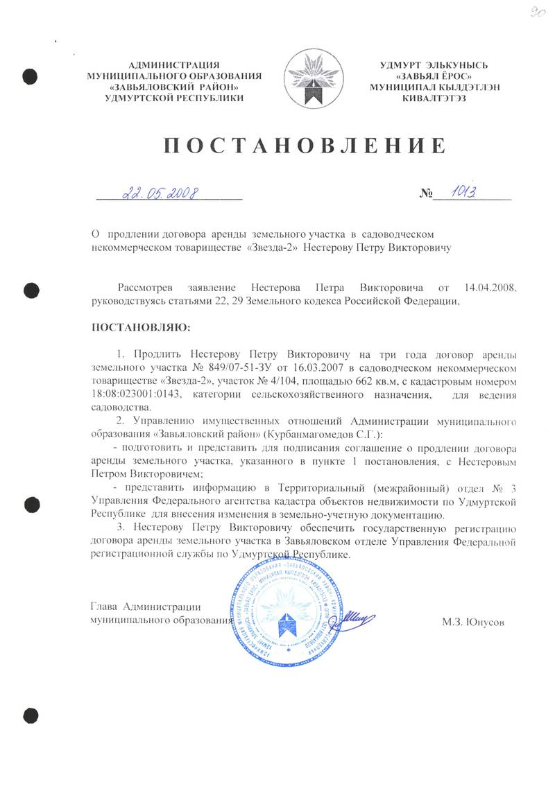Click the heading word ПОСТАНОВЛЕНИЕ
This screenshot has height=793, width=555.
click(303, 147)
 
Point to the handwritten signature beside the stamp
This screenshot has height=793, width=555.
click(354, 613)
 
